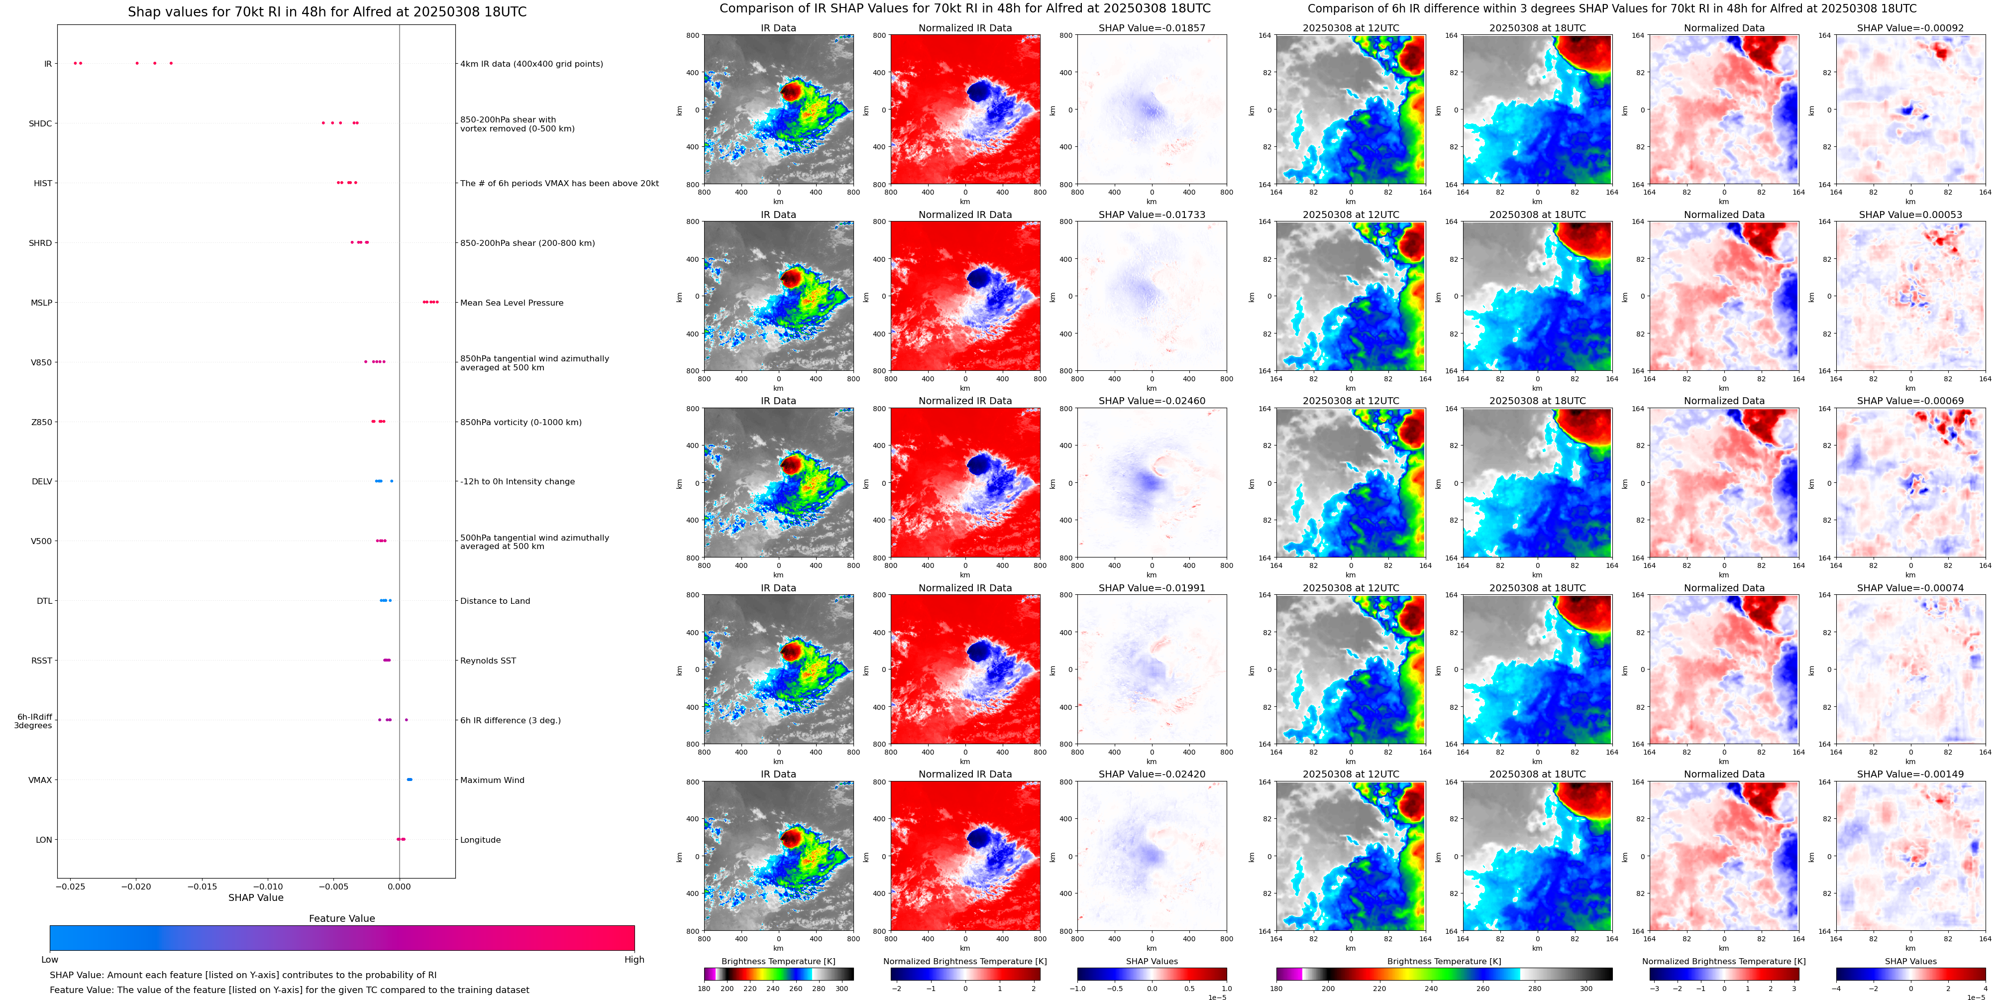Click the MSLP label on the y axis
[x=41, y=303]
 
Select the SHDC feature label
[x=40, y=123]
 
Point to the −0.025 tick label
[x=71, y=886]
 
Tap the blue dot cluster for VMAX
[x=410, y=779]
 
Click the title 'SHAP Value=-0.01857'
[x=1152, y=28]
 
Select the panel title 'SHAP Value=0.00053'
[x=1910, y=215]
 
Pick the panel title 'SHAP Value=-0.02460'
[x=1152, y=401]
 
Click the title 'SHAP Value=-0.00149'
[x=1910, y=774]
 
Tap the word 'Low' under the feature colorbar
[x=50, y=960]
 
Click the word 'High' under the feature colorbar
[x=634, y=960]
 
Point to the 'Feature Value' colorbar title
[x=342, y=918]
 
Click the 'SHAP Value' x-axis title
[x=256, y=897]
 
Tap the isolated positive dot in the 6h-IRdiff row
[x=407, y=720]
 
